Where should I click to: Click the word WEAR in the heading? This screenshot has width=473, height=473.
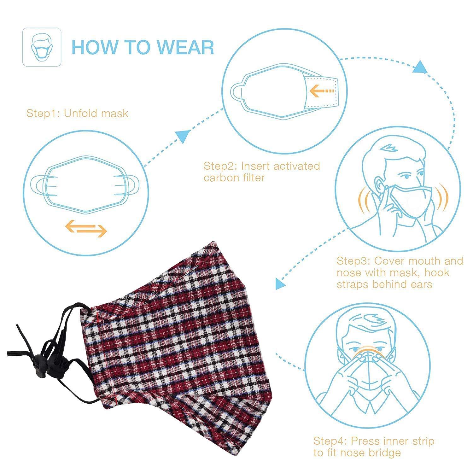(x=186, y=47)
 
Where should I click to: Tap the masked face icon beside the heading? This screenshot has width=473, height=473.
(x=42, y=47)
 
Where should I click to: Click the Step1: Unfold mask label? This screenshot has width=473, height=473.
(x=77, y=113)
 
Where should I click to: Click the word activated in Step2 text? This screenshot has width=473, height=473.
(x=297, y=166)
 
